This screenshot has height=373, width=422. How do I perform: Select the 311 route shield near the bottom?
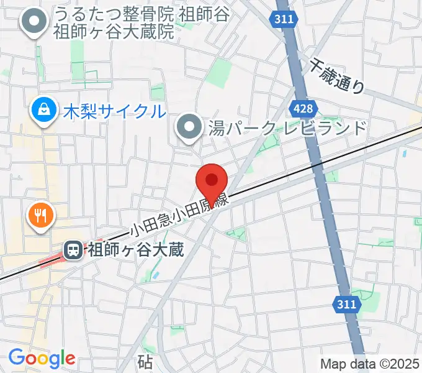(x=348, y=305)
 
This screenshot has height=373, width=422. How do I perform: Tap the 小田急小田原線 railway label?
(x=180, y=215)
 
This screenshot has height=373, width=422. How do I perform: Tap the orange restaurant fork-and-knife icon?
(x=41, y=216)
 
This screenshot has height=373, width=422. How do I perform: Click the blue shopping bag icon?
(x=45, y=110)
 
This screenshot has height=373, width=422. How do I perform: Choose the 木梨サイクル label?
(x=114, y=112)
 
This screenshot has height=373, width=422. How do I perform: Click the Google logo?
(x=42, y=357)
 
